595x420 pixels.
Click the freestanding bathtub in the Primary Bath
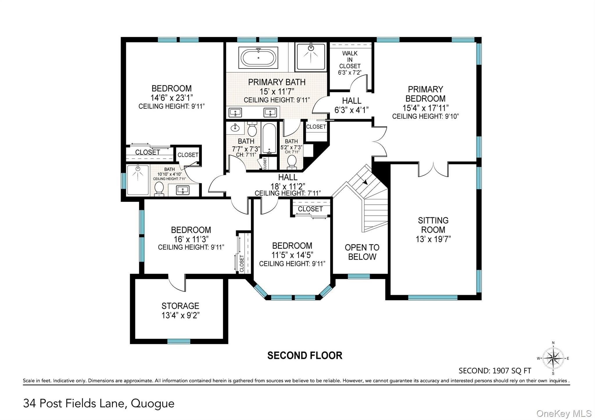tap(258, 58)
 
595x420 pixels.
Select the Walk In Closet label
tap(350, 60)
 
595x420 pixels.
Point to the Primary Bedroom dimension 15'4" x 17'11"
tap(425, 108)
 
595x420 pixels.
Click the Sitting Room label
tap(433, 225)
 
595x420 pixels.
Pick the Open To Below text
tap(362, 252)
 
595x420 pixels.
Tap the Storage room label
tap(180, 306)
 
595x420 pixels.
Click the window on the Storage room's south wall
tap(179, 341)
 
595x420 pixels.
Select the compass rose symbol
tap(553, 358)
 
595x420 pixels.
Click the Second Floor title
tap(305, 356)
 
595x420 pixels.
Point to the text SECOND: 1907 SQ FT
tap(495, 371)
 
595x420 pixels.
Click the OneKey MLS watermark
tap(564, 413)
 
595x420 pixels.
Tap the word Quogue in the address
tap(153, 404)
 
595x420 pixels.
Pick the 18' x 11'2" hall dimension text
tap(288, 186)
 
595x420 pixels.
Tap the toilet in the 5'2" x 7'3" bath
tap(291, 162)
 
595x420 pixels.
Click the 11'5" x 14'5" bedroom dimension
tap(292, 255)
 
